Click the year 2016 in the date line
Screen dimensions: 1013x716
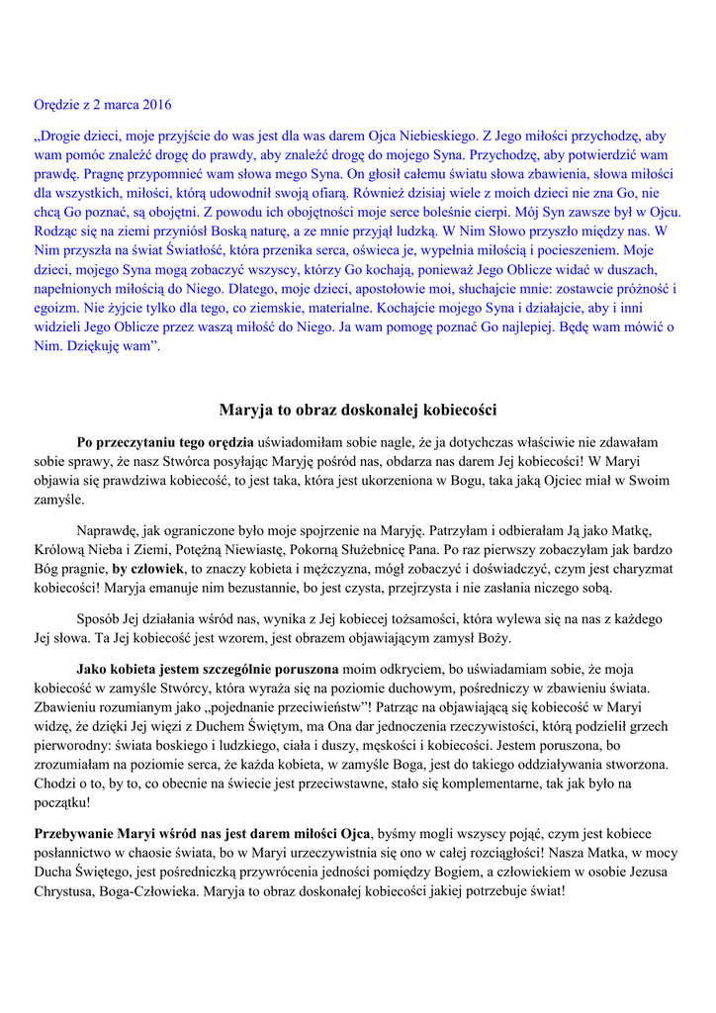click(156, 103)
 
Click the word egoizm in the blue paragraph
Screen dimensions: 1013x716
click(54, 308)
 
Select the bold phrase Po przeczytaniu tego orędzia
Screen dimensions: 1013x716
click(165, 441)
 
